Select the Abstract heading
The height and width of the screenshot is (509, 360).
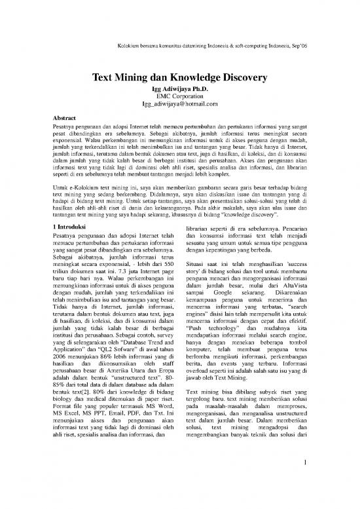[x=66, y=119]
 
